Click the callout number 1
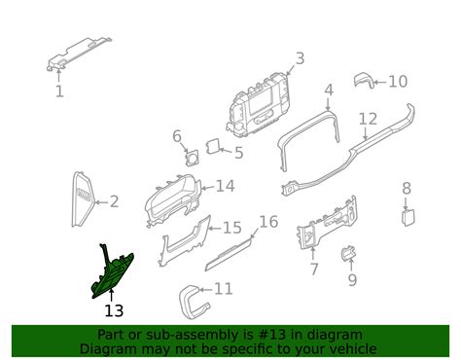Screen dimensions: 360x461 pos(59,91)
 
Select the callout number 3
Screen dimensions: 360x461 pos(300,58)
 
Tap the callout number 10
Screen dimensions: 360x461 pos(398,82)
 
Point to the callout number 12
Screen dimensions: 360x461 pos(367,120)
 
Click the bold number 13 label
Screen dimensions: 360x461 pos(114,311)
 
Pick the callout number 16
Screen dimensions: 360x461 pos(268,222)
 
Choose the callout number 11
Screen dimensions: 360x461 pos(223,289)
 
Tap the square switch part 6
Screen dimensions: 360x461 pos(190,155)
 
